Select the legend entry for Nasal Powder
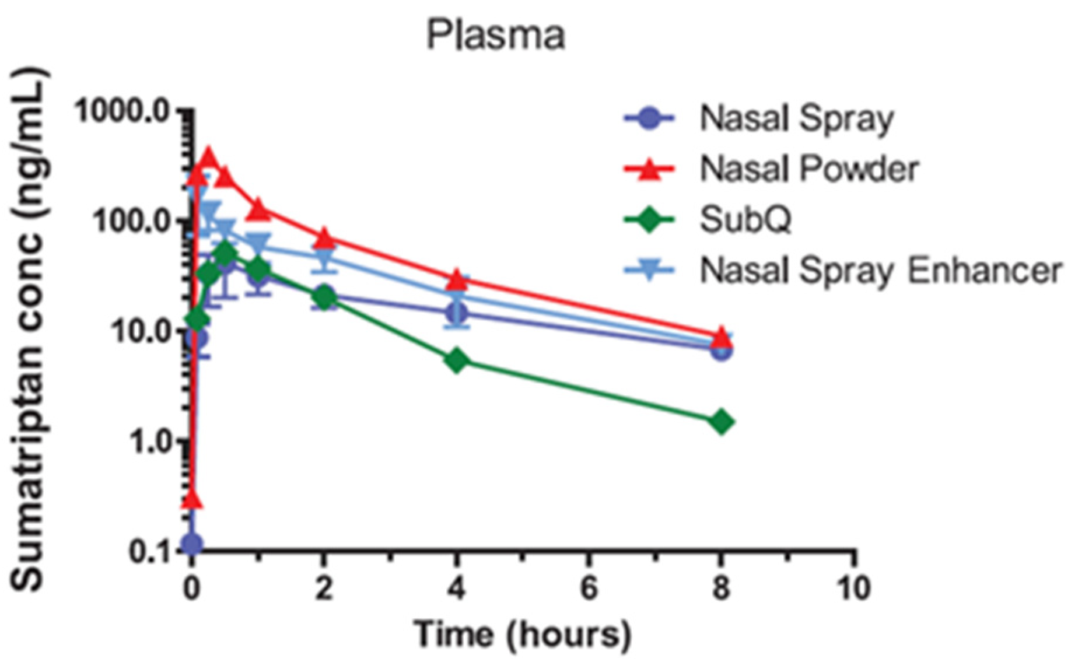click(x=808, y=169)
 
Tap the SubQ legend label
click(x=745, y=220)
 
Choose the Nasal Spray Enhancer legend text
click(x=881, y=271)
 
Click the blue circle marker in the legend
click(x=649, y=119)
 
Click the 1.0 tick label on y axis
click(x=150, y=442)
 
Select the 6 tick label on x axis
click(x=589, y=588)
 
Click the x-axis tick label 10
click(x=854, y=588)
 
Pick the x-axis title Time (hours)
click(x=522, y=634)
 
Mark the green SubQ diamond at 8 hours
click(x=722, y=421)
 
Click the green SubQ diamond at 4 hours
click(x=457, y=360)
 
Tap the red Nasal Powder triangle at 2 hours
click(x=325, y=237)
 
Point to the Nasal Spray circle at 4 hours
click(x=457, y=314)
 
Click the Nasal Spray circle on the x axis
click(x=192, y=544)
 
